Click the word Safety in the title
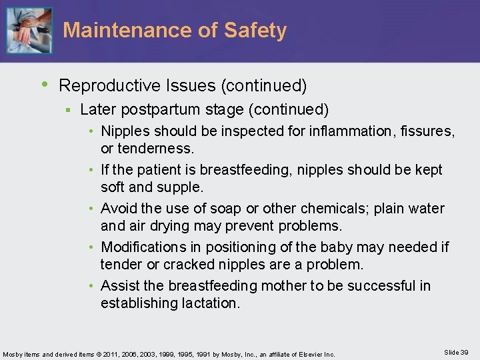pos(256,31)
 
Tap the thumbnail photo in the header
pos(29,30)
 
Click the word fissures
pos(427,132)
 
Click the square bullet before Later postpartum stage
pos(67,109)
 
